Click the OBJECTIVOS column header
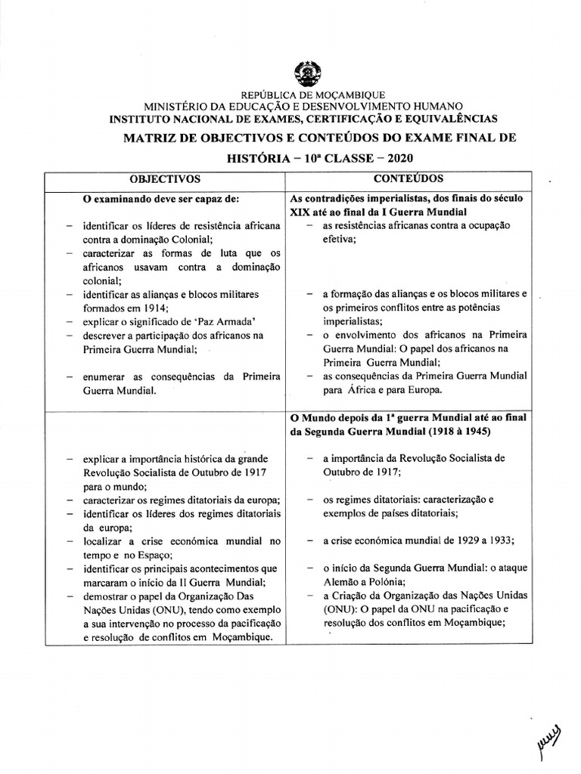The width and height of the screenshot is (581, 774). (x=165, y=179)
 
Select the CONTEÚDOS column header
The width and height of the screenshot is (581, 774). (x=409, y=179)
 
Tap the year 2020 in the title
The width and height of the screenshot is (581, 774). (x=400, y=159)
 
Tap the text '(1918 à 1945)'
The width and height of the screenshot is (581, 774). (x=456, y=432)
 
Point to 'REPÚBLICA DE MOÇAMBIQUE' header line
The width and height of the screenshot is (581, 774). (x=312, y=95)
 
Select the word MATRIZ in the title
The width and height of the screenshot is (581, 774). (x=154, y=138)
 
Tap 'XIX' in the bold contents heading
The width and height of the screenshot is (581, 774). (x=300, y=212)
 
